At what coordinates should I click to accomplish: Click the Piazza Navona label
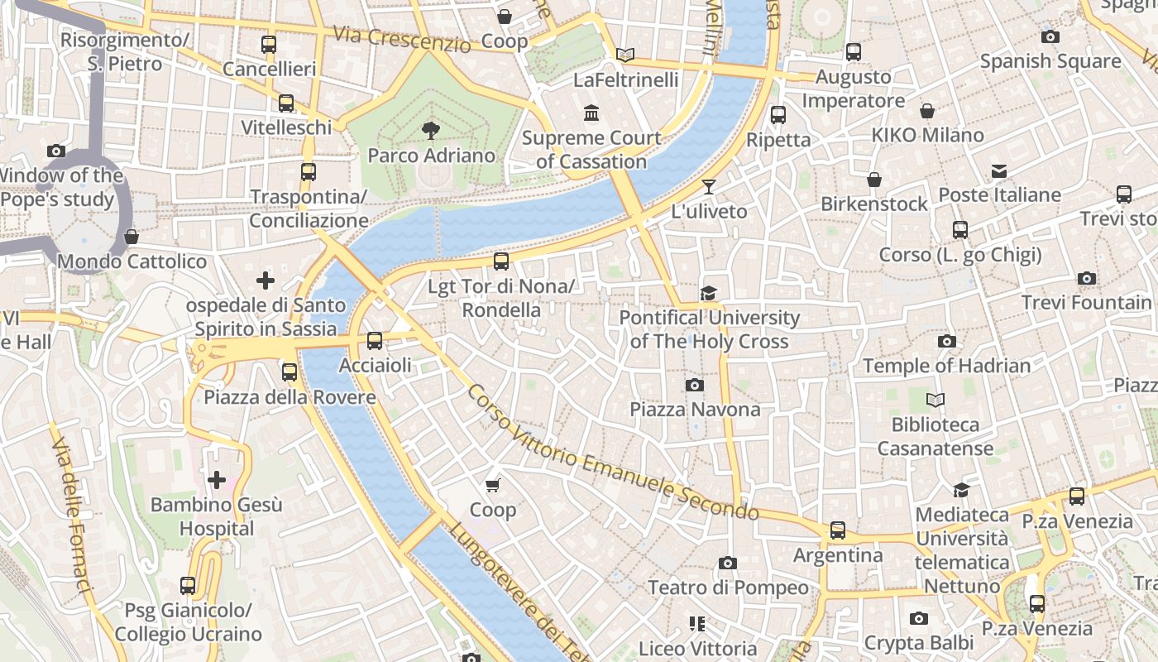click(695, 410)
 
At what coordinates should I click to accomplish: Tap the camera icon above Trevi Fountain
click(1087, 279)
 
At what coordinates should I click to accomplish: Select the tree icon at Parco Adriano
click(430, 131)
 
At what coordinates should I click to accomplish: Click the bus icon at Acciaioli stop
click(375, 340)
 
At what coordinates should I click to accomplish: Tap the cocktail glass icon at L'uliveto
click(709, 187)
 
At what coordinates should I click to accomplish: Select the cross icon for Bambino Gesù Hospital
click(217, 480)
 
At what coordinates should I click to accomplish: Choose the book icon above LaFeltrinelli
click(626, 55)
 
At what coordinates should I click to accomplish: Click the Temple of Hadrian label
click(946, 365)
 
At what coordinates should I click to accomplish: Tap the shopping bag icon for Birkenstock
click(873, 180)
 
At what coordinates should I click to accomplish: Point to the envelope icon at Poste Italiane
click(999, 171)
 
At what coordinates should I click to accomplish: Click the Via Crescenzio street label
click(402, 39)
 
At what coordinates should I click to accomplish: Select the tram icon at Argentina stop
click(838, 530)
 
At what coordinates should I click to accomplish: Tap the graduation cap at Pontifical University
click(708, 293)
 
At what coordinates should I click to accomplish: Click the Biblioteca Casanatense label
click(935, 436)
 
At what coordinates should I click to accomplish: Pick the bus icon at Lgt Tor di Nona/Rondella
click(500, 261)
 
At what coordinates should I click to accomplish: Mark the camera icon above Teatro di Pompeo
click(727, 564)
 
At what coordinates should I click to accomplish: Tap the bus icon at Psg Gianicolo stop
click(188, 586)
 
